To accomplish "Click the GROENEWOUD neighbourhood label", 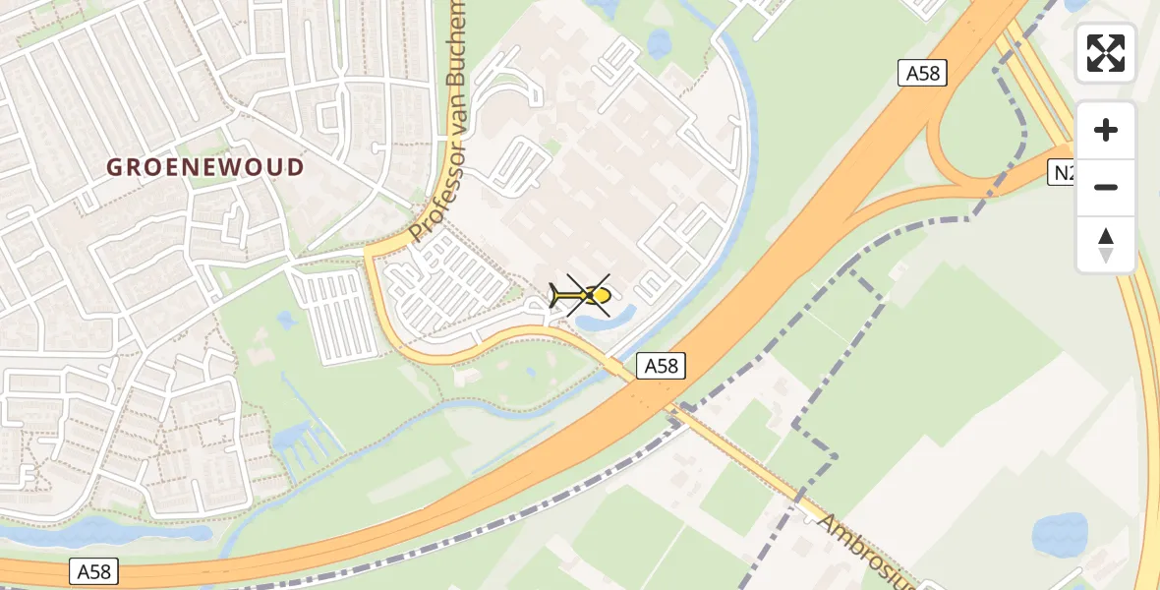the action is pos(205,167).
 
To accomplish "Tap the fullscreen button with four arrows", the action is pos(1106,53).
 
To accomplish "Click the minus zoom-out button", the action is pos(1106,187).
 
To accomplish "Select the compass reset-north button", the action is pos(1106,244).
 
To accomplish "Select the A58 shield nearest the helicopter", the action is pos(661,366).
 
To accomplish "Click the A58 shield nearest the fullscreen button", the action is pos(921,72).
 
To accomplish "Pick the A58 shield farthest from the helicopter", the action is pos(94,571).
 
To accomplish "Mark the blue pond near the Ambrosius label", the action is pos(1059,534).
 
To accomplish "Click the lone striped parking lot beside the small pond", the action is pos(335,316).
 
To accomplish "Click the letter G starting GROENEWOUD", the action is pos(114,167).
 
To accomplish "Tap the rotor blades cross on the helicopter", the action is pos(588,295).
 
